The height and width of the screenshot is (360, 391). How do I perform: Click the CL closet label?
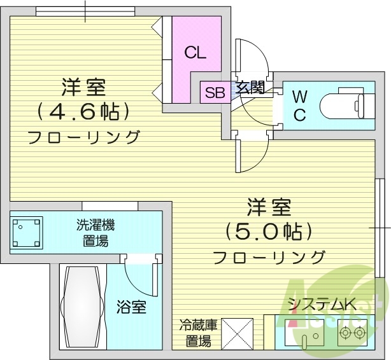click(x=195, y=53)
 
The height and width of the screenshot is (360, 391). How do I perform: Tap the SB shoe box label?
click(x=215, y=93)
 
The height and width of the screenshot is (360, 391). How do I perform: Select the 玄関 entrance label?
click(x=250, y=88)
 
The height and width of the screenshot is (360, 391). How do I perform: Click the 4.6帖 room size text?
click(x=83, y=112)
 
